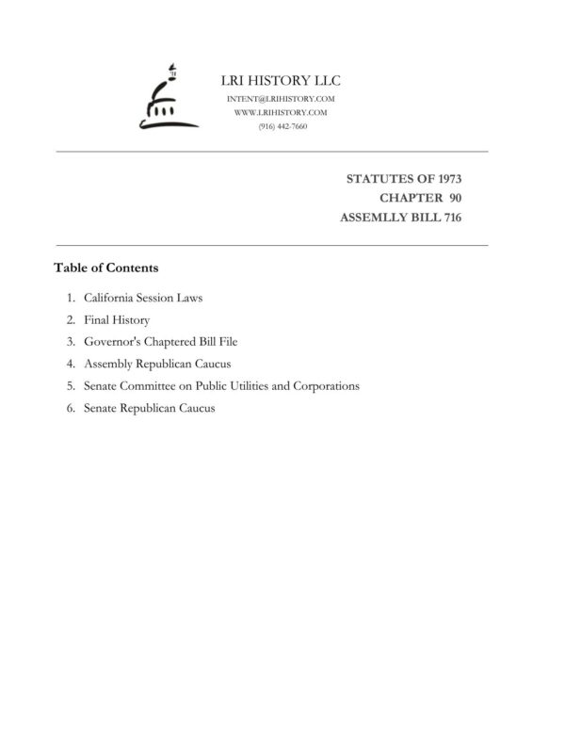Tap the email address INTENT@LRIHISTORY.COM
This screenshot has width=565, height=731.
pos(282,99)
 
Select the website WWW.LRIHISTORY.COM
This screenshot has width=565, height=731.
pos(282,112)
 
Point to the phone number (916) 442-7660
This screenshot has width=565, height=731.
pos(282,126)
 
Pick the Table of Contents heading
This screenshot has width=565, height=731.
pos(105,268)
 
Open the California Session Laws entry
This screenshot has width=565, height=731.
pos(143,298)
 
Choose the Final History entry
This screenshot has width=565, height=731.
pos(116,320)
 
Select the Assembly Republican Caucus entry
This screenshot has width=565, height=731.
pos(156,364)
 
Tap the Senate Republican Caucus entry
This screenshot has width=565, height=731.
pos(149,408)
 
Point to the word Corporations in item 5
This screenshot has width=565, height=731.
pos(328,386)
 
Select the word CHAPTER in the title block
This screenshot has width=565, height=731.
pos(411,198)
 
